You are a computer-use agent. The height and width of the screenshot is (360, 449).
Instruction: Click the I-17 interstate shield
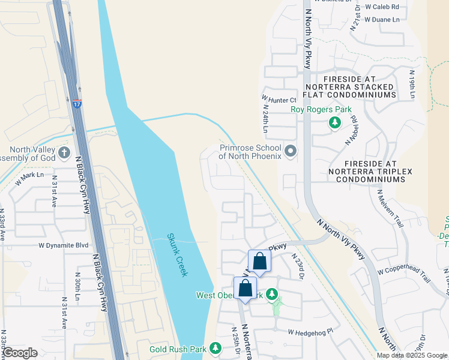(76, 104)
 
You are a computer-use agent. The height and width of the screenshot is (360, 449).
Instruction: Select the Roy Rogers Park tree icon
(335, 123)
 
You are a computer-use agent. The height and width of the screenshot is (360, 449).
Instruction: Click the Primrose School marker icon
(291, 151)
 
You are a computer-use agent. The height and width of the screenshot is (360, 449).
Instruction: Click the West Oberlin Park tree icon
(272, 295)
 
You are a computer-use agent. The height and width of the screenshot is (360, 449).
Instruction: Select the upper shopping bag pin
(259, 261)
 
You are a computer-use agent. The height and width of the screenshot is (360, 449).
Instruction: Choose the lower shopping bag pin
(245, 288)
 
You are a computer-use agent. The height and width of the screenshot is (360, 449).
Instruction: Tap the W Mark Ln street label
(30, 176)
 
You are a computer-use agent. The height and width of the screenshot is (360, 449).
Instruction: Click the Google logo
(20, 353)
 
